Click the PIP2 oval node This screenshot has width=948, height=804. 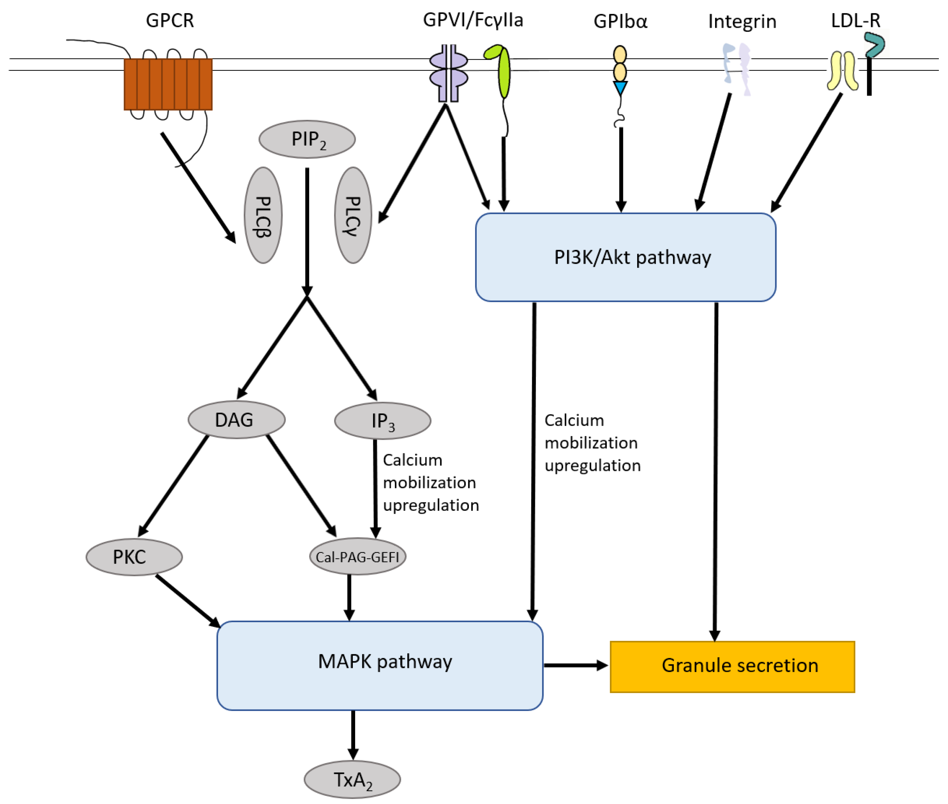pos(307,139)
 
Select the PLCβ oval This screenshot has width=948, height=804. pos(263,215)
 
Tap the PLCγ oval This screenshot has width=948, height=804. pos(353,215)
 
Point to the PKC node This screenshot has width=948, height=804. pos(134,557)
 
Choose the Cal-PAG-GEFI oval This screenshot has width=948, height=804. pos(357,557)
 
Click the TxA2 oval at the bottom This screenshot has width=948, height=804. pos(352,779)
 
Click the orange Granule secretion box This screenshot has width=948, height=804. pos(732,666)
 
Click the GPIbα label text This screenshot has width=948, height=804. pos(620,21)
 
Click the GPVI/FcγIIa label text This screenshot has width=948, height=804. pos(473,20)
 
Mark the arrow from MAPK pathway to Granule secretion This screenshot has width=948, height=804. pos(576,666)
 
